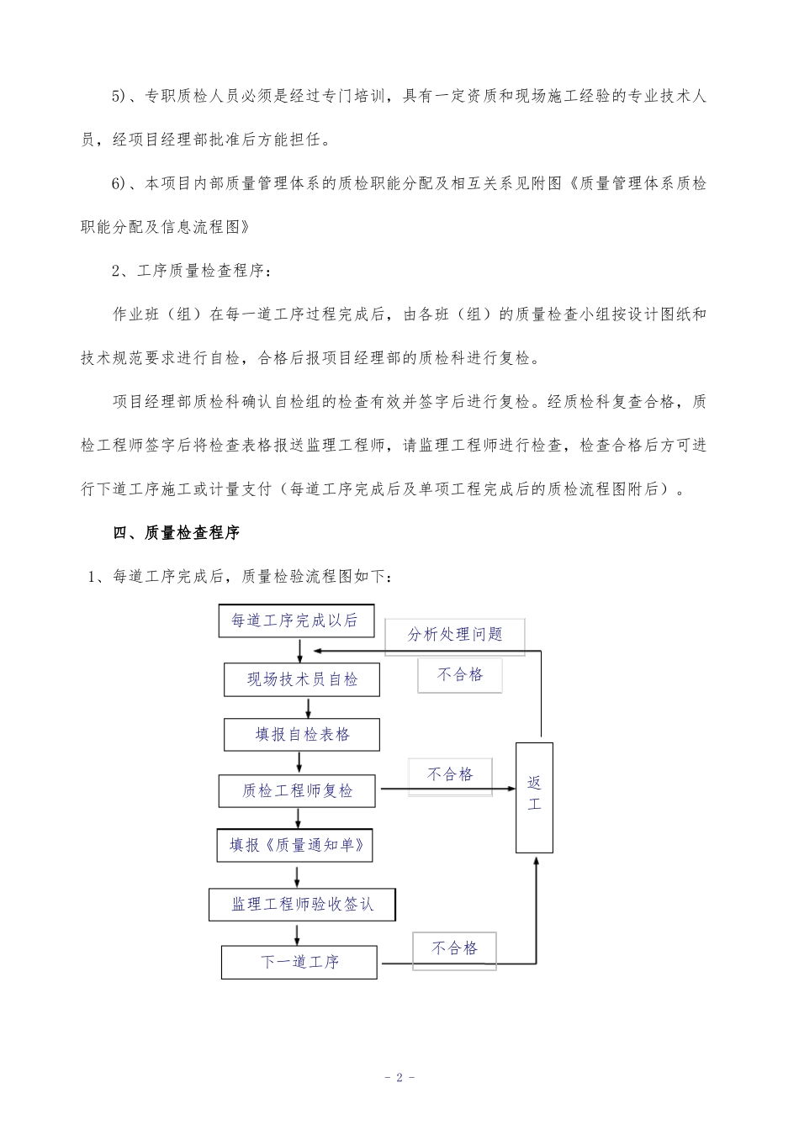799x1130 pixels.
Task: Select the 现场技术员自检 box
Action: click(x=302, y=679)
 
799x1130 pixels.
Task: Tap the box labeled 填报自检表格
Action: click(x=302, y=734)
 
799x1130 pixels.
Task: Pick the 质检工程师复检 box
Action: click(x=298, y=790)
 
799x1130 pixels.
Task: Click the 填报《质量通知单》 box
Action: click(x=298, y=845)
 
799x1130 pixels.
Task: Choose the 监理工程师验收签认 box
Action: click(x=302, y=905)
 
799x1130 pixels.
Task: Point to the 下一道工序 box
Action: click(x=299, y=961)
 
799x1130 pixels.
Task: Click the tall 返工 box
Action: click(x=534, y=797)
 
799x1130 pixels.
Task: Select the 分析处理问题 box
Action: click(x=455, y=636)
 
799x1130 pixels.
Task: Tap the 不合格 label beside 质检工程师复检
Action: click(x=451, y=775)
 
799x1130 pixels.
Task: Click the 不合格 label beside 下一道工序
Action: click(x=455, y=948)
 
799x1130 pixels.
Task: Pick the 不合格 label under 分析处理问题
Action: click(x=460, y=674)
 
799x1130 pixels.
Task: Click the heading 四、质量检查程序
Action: click(x=177, y=533)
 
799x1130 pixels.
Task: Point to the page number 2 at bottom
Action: click(x=399, y=1077)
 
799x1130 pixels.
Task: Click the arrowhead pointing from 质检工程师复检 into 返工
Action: click(x=510, y=789)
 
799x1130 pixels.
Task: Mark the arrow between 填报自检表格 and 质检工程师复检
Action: click(x=299, y=763)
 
